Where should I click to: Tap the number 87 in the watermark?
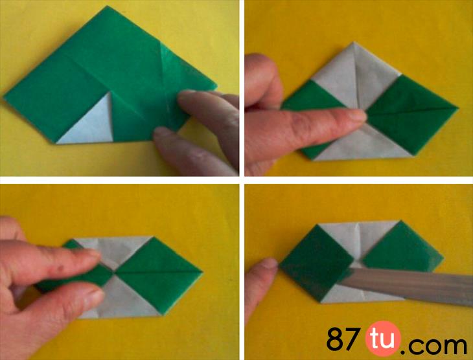343,339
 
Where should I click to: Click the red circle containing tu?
383,339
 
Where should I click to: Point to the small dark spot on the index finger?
62,267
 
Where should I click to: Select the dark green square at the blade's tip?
317,262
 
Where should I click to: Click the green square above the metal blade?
403,246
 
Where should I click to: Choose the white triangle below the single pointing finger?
362,145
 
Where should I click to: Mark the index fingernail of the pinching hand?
91,253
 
